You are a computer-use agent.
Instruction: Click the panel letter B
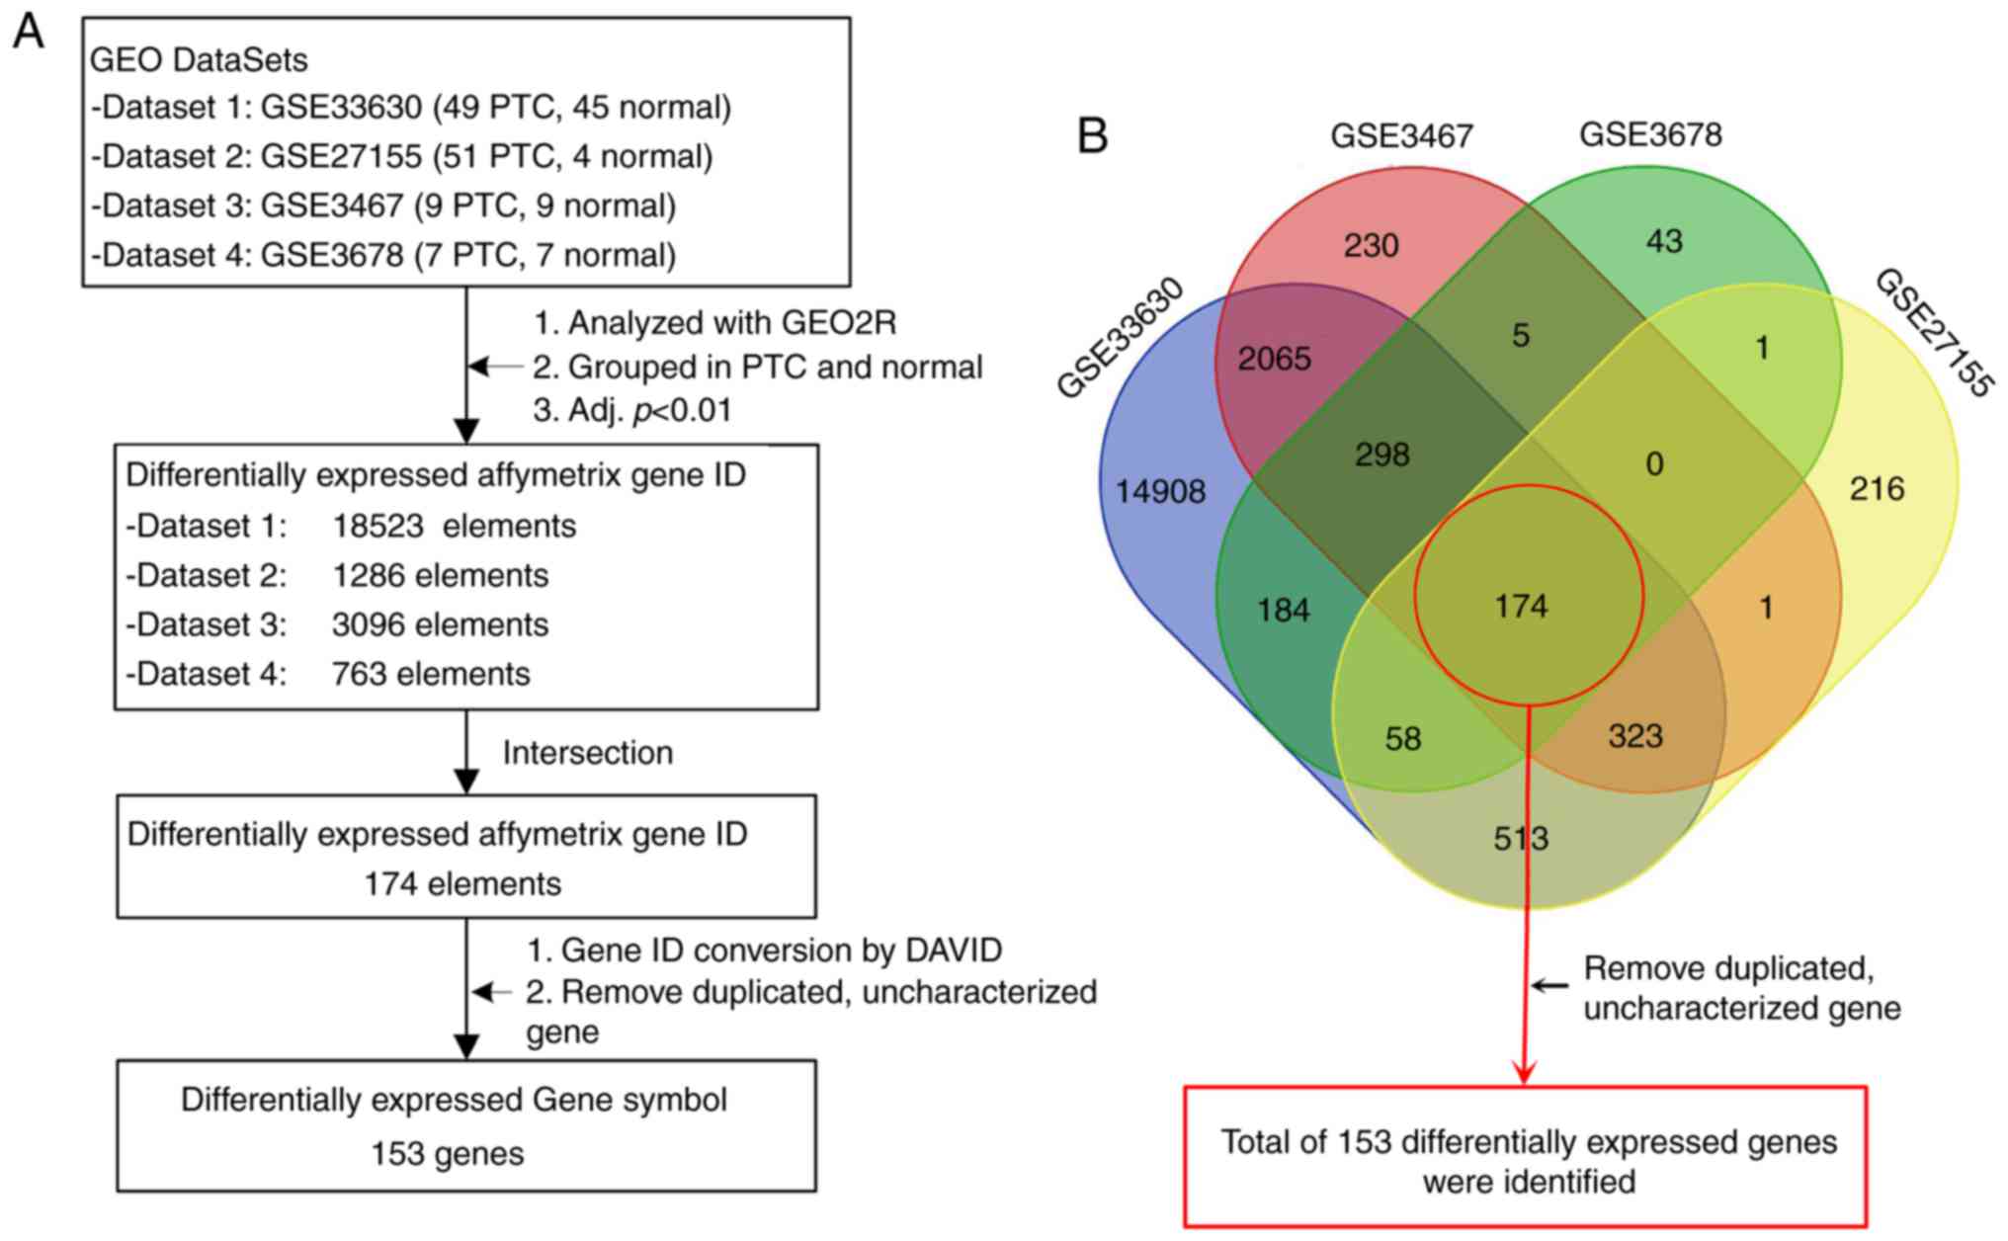(x=1092, y=136)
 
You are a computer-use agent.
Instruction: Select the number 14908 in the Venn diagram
(x=1160, y=491)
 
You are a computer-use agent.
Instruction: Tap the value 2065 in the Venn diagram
(x=1275, y=359)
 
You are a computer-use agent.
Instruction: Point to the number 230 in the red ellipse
(x=1371, y=245)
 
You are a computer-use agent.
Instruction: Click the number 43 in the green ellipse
(x=1664, y=241)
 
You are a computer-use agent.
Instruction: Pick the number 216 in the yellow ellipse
(x=1877, y=488)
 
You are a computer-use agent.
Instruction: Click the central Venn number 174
(x=1521, y=606)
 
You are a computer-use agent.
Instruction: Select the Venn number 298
(x=1381, y=455)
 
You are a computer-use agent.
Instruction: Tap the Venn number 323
(x=1635, y=736)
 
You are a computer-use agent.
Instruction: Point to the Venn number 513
(x=1521, y=839)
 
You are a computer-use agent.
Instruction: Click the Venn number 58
(x=1403, y=739)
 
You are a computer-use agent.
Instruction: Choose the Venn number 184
(x=1284, y=611)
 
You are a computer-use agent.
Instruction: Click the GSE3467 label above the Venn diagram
(x=1401, y=136)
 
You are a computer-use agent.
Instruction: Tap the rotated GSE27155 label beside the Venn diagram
(x=1932, y=334)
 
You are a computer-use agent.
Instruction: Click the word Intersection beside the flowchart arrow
(x=587, y=753)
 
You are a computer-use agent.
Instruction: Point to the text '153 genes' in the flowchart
(x=447, y=1153)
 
